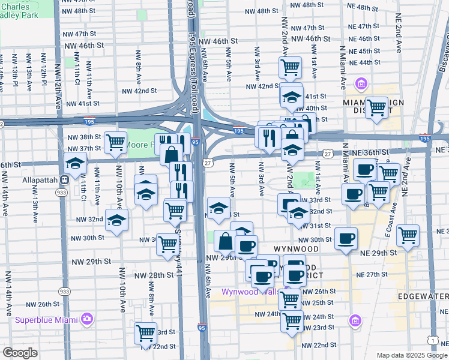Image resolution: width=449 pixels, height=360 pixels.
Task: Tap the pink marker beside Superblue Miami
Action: (x=87, y=318)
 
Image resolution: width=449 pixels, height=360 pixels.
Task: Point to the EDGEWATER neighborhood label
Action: (x=426, y=296)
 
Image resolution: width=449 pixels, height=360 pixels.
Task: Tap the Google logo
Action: (x=20, y=353)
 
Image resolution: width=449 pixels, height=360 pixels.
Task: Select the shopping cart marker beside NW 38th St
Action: (x=115, y=142)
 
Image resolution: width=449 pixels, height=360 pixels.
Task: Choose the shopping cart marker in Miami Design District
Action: (x=376, y=108)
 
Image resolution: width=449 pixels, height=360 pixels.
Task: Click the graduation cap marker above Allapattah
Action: (x=76, y=163)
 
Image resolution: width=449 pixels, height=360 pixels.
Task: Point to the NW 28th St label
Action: (x=153, y=275)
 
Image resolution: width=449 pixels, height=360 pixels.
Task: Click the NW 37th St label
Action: (x=90, y=148)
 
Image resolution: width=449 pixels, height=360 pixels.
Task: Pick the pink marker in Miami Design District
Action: (x=362, y=83)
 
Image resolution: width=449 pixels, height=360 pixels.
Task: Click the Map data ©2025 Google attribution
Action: (x=411, y=355)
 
